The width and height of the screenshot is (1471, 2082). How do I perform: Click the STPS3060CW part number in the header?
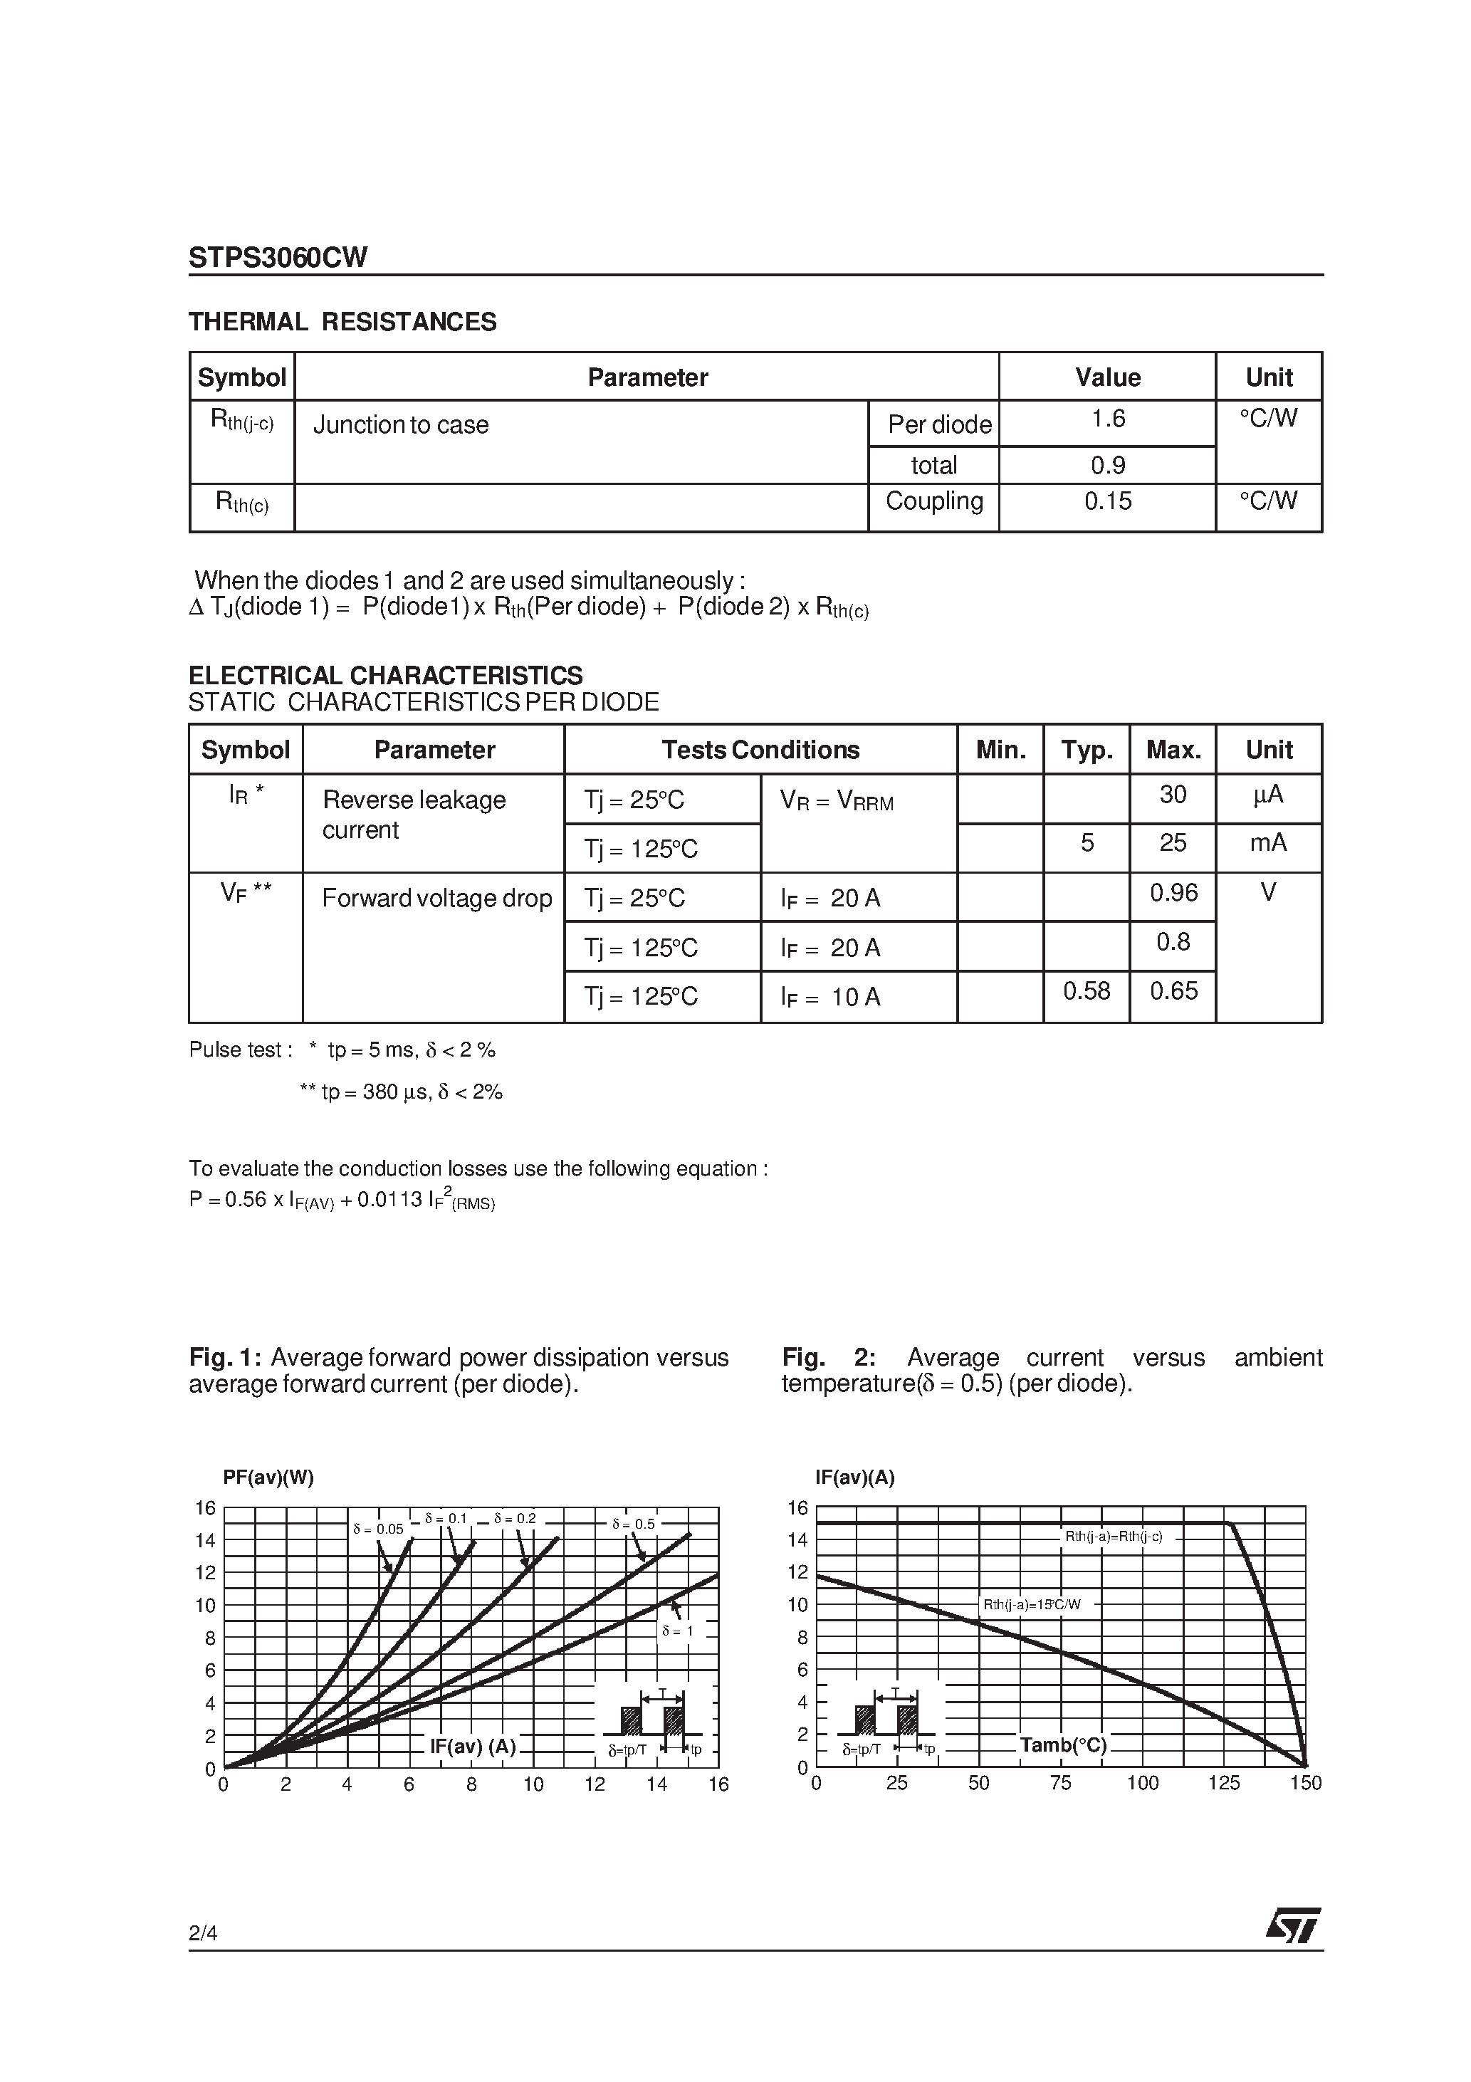click(278, 258)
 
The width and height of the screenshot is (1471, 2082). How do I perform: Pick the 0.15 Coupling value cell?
click(1107, 501)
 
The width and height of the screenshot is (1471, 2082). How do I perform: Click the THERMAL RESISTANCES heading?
click(342, 322)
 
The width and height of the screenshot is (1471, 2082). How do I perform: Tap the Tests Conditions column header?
click(760, 750)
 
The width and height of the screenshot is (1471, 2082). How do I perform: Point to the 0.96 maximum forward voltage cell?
click(1173, 893)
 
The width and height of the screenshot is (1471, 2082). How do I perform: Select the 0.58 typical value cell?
click(1087, 991)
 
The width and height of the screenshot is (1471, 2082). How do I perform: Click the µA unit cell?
click(1268, 795)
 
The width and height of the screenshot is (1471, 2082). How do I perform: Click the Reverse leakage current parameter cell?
click(414, 815)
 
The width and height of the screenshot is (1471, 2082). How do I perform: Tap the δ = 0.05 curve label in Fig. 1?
click(377, 1529)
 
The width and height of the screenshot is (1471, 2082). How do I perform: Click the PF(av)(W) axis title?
click(268, 1477)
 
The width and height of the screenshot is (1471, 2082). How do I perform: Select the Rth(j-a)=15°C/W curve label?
click(1032, 1604)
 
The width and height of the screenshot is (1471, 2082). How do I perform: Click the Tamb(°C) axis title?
click(1063, 1744)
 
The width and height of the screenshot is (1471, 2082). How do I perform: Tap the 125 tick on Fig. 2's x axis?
click(1223, 1783)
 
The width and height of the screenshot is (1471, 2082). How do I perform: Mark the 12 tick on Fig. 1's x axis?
click(594, 1784)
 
